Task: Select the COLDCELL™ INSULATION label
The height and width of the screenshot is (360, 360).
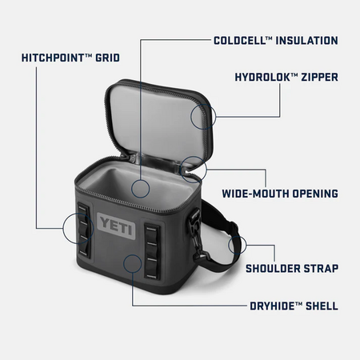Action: point(275,40)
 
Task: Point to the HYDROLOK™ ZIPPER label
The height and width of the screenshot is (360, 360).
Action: point(286,78)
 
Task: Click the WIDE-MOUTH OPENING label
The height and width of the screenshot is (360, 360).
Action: point(279,194)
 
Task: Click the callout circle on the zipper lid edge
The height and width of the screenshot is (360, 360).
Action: point(202,116)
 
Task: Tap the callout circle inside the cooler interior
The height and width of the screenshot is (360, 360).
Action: point(141,189)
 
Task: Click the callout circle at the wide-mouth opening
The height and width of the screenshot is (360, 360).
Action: point(192,168)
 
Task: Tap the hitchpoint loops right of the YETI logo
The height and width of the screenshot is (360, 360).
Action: point(152,248)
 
